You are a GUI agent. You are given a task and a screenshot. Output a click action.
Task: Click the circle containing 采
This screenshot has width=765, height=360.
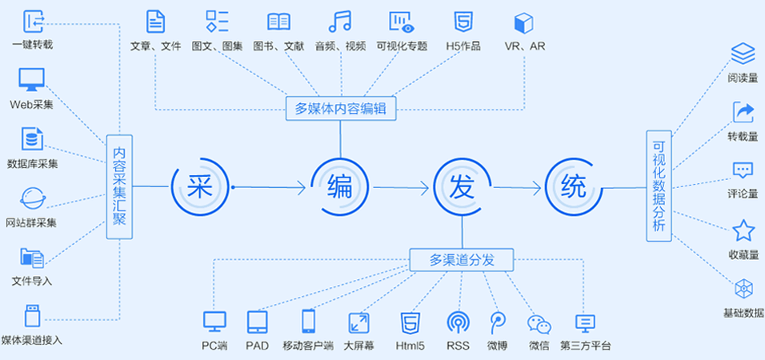[x=198, y=187]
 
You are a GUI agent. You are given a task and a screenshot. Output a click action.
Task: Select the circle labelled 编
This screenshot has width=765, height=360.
[x=339, y=187]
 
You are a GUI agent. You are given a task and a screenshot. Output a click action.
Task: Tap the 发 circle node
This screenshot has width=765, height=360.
[x=462, y=187]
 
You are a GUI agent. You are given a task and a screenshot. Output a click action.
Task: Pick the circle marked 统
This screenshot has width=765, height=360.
[x=573, y=187]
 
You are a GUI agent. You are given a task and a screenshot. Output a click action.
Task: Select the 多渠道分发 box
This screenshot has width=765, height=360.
[x=462, y=259]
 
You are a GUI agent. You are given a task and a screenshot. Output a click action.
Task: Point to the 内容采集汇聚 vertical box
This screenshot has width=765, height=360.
[x=119, y=186]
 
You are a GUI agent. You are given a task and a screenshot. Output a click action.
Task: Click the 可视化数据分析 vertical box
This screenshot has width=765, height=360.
[x=659, y=186]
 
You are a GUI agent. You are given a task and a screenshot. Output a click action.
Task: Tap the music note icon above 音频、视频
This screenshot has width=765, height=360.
[x=340, y=21]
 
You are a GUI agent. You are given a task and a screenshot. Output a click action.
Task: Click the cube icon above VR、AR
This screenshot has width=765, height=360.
[x=524, y=22]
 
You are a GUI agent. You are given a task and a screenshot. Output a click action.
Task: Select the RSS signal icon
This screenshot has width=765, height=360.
[x=459, y=322]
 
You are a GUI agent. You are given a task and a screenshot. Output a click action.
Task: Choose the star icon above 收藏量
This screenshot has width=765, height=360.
[x=743, y=231]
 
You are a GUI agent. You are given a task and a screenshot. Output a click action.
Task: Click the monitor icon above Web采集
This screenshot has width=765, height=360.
[x=31, y=79]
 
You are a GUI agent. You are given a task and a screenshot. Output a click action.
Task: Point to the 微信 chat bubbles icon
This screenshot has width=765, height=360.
[x=539, y=323]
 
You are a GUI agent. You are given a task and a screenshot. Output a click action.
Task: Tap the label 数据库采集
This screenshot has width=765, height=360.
[x=32, y=164]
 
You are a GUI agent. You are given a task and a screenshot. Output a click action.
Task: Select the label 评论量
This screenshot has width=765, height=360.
[x=743, y=194]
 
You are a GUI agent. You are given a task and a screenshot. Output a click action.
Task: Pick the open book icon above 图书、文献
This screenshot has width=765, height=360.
[x=279, y=21]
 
